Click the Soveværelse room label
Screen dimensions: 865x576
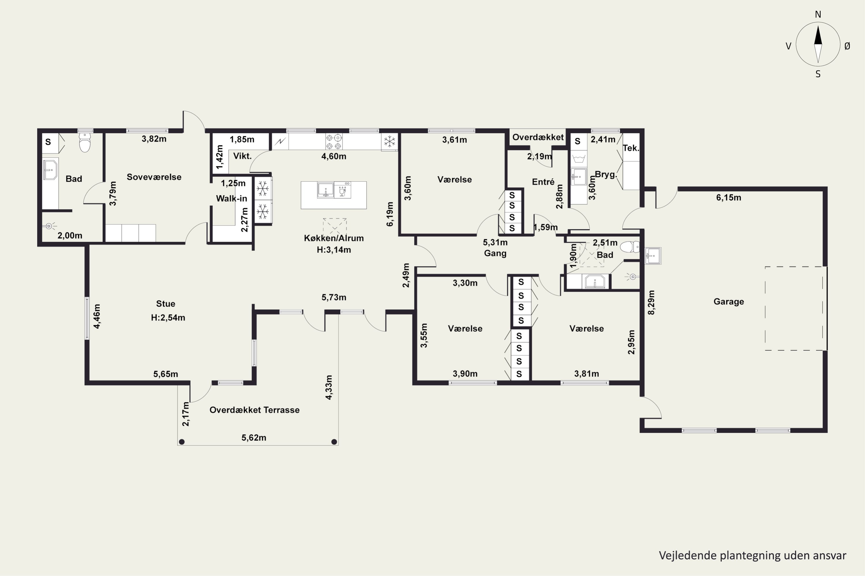point(154,177)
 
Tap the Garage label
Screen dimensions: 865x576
point(729,302)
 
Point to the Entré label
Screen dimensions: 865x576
point(543,181)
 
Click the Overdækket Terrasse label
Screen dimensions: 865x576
point(255,410)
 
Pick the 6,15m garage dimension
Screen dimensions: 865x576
point(729,198)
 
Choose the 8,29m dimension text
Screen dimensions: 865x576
point(651,302)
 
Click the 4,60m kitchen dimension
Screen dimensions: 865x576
point(334,156)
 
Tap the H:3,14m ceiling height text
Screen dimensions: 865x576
point(334,250)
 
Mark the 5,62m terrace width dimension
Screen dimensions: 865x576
point(254,437)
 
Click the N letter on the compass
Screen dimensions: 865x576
point(818,14)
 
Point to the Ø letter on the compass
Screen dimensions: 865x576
point(847,46)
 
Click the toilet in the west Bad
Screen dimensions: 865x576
point(85,142)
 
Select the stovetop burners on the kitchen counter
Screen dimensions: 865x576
point(334,142)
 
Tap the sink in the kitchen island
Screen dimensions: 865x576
point(326,190)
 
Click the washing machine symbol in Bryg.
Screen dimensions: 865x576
point(579,159)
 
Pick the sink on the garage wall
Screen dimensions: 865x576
point(653,256)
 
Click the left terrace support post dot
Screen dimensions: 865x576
point(182,442)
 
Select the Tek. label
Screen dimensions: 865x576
point(631,148)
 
